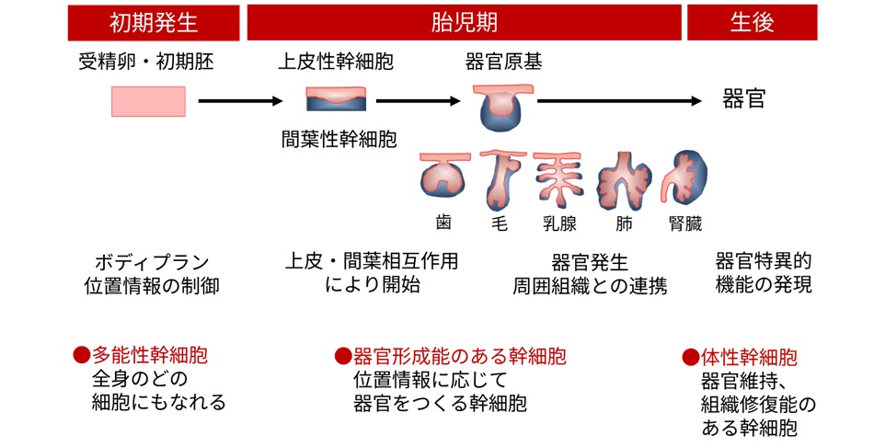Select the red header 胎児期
464,22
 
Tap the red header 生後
752,22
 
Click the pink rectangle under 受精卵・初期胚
148,101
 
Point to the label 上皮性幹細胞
336,63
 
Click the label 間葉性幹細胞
339,140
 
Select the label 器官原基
503,63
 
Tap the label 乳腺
559,223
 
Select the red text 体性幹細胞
747,357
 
